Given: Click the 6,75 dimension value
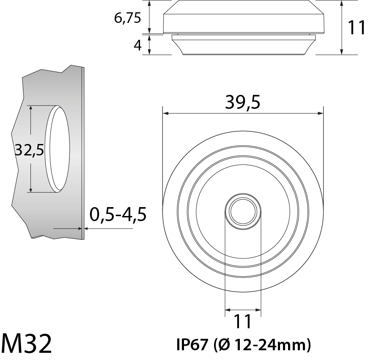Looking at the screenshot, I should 127,18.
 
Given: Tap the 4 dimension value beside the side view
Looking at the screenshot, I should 137,45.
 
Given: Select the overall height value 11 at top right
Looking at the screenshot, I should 356,28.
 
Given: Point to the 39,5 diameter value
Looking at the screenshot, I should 242,102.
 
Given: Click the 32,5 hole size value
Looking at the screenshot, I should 29,150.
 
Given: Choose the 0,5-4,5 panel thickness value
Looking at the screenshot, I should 118,215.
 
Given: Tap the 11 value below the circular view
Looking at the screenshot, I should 243,322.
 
